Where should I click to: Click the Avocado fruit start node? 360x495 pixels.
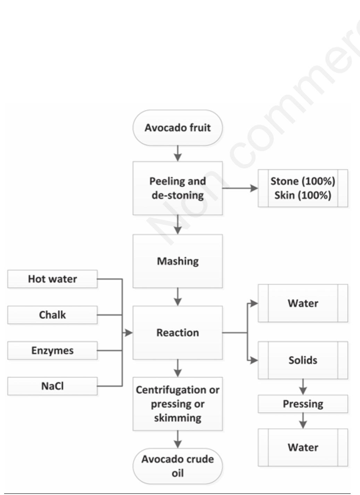[177, 127]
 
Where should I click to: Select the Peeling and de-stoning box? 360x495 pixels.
[177, 188]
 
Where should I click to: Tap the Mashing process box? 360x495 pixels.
[177, 261]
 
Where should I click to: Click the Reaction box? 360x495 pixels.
[177, 332]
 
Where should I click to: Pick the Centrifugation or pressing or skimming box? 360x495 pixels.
[177, 404]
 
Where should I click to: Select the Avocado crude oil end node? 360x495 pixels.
[177, 466]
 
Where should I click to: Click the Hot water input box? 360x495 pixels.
[52, 279]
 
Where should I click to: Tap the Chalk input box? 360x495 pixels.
[52, 315]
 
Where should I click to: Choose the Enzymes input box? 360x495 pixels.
[52, 350]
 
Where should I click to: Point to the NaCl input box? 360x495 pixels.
[52, 386]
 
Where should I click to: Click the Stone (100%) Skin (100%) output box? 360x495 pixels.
[303, 188]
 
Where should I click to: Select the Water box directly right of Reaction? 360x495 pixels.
[303, 303]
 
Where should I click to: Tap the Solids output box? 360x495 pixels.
[303, 360]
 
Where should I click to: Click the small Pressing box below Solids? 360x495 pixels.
[303, 404]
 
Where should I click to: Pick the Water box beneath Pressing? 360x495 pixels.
[303, 447]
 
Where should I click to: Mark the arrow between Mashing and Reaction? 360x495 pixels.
[178, 297]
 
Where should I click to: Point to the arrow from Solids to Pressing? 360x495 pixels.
[303, 387]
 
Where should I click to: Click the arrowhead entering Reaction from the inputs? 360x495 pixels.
[128, 333]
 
